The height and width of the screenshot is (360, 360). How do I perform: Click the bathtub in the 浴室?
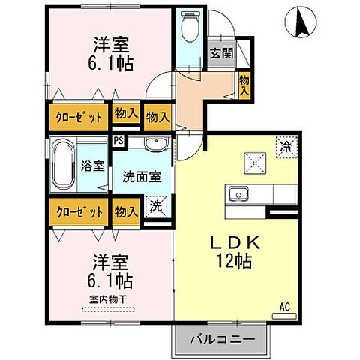pyautogui.click(x=62, y=166)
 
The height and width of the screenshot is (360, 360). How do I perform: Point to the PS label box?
pyautogui.click(x=118, y=139)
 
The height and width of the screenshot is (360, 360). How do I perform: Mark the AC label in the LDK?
pyautogui.click(x=284, y=306)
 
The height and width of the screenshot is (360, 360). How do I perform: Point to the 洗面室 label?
pyautogui.click(x=141, y=178)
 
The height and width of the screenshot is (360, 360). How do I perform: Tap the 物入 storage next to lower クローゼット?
pyautogui.click(x=126, y=211)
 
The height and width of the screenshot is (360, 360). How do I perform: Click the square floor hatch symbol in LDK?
pyautogui.click(x=253, y=160)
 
